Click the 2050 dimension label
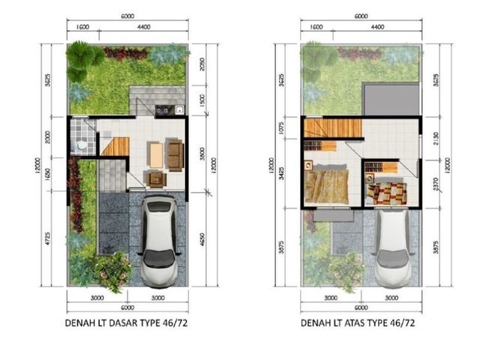click(202, 64)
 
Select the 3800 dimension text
click(202, 154)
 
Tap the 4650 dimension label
click(202, 240)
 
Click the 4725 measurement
click(47, 238)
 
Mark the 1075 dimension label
click(281, 128)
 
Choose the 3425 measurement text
click(281, 173)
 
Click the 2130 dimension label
click(436, 138)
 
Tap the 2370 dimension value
click(436, 184)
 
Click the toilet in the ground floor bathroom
click(80, 145)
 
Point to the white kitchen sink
click(179, 109)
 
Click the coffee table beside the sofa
click(157, 155)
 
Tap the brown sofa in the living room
click(175, 155)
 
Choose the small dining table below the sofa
click(156, 178)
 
